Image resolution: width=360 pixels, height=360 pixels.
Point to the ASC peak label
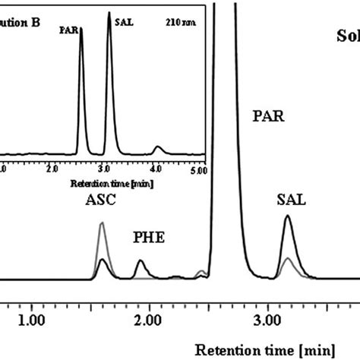100,204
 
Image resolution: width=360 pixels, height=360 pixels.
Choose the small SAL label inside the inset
122,23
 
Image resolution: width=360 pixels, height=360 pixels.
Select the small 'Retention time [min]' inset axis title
103,184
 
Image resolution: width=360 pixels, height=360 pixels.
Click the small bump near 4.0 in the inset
157,147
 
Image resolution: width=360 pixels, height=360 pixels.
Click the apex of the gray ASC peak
103,223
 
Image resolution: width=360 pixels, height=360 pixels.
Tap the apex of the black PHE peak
141,261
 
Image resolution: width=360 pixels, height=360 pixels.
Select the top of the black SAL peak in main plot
287,216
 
